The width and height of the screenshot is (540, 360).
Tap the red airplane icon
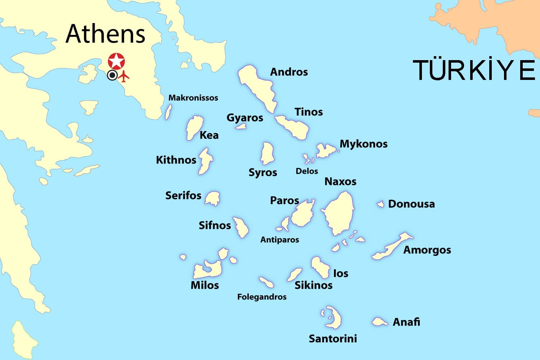[x=124, y=76]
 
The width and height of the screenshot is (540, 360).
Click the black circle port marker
[x=112, y=75]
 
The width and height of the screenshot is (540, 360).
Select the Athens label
[x=105, y=34]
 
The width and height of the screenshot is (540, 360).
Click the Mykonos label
[x=364, y=144]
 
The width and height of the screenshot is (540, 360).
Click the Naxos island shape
[x=338, y=214]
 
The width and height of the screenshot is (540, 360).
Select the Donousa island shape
[x=381, y=204]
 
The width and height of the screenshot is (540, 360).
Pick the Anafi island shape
[x=379, y=321]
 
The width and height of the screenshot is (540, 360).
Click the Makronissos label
[x=193, y=98]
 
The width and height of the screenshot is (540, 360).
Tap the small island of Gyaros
[x=241, y=126]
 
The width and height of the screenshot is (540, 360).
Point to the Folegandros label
[x=262, y=297]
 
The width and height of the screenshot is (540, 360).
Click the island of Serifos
[x=213, y=198]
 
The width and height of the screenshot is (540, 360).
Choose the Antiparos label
[x=280, y=240]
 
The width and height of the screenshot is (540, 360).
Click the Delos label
[x=307, y=171]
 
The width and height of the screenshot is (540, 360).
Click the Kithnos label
[x=176, y=160]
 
